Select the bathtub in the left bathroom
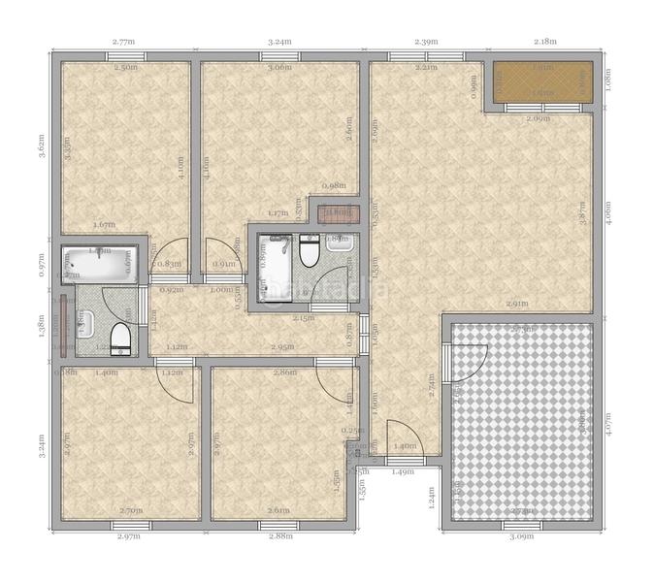click(98, 264)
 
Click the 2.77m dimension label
click(123, 42)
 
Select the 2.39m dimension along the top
click(426, 42)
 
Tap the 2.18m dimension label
click(546, 42)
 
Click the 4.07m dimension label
click(607, 421)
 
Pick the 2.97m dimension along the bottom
click(129, 535)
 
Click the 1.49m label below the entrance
click(403, 472)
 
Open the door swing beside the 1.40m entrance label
click(400, 435)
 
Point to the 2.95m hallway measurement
click(282, 346)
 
